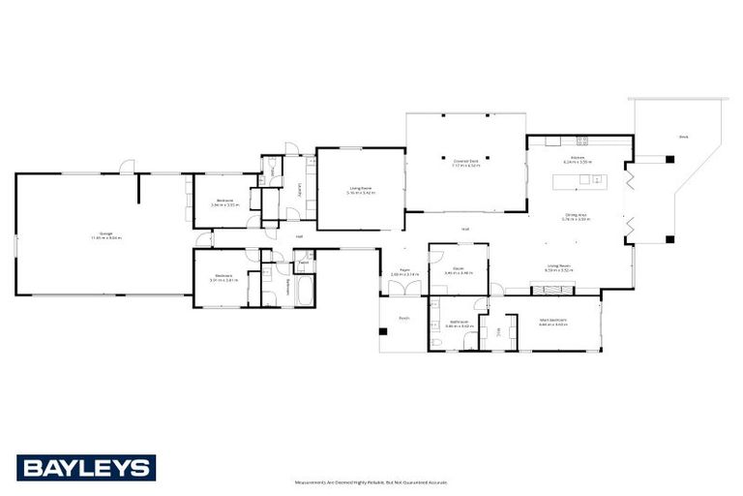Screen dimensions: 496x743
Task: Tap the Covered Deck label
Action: [x=465, y=163]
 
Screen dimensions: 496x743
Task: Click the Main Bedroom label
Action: [x=552, y=323]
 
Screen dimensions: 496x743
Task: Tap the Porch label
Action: [x=403, y=317]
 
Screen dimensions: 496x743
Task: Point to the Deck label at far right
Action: [x=683, y=137]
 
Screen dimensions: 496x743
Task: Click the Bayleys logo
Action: [x=85, y=468]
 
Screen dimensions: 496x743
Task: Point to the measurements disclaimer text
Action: [x=371, y=481]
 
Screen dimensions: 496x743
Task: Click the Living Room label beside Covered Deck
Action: [x=360, y=192]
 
